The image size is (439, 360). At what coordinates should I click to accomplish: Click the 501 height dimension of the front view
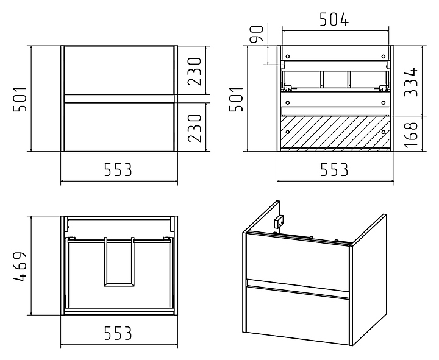click(20, 99)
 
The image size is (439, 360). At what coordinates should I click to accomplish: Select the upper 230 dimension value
click(195, 71)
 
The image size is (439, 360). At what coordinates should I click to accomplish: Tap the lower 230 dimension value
click(195, 128)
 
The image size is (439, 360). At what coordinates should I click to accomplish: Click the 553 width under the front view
click(118, 169)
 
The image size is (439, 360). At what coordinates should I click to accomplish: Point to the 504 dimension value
click(334, 19)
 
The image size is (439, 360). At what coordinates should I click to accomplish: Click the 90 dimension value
click(257, 34)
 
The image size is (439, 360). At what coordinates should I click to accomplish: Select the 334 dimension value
click(411, 82)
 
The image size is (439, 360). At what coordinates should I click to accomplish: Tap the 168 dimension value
click(411, 134)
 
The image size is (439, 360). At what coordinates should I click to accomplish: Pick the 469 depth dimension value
click(20, 266)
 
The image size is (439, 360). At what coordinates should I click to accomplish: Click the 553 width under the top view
click(118, 333)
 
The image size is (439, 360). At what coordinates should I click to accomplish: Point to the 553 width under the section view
click(334, 169)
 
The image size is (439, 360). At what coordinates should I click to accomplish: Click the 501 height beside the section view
click(237, 99)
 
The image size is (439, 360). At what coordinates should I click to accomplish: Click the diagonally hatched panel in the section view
click(335, 132)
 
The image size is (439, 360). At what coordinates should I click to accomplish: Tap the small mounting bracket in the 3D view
click(279, 221)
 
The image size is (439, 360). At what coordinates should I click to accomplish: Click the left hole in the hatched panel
click(287, 132)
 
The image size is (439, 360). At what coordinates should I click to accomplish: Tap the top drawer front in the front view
click(120, 71)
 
